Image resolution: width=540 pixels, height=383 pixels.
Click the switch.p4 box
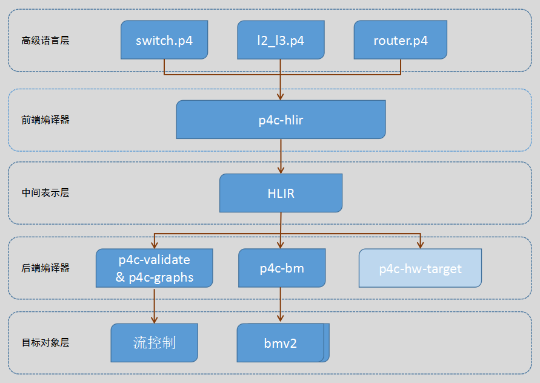pyautogui.click(x=164, y=40)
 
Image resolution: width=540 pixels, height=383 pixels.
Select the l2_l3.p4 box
pyautogui.click(x=280, y=40)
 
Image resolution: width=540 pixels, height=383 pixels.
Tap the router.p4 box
pyautogui.click(x=401, y=40)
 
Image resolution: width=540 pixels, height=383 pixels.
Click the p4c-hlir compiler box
pyautogui.click(x=281, y=120)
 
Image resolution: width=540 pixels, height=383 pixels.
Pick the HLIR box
pyautogui.click(x=281, y=193)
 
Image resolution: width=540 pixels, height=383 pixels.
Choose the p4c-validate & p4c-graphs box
pyautogui.click(x=154, y=268)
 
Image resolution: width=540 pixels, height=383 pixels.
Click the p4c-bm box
pyautogui.click(x=281, y=268)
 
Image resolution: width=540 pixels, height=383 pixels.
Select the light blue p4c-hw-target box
pyautogui.click(x=420, y=268)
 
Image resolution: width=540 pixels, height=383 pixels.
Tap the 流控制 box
pyautogui.click(x=154, y=342)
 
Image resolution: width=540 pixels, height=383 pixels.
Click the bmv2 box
pyautogui.click(x=281, y=343)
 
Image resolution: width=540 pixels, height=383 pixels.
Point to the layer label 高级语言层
pyautogui.click(x=45, y=41)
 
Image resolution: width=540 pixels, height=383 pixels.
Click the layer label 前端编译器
pyautogui.click(x=45, y=120)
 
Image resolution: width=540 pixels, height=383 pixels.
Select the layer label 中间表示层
pyautogui.click(x=45, y=193)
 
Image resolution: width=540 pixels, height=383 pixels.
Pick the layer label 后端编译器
pyautogui.click(x=45, y=268)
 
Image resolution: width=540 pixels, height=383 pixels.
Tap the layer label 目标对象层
pyautogui.click(x=45, y=342)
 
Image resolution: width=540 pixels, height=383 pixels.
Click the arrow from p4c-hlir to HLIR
pyautogui.click(x=281, y=156)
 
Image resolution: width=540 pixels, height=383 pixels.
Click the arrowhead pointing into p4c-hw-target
pyautogui.click(x=420, y=245)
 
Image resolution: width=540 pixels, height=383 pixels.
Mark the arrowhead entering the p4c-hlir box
pyautogui.click(x=281, y=96)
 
